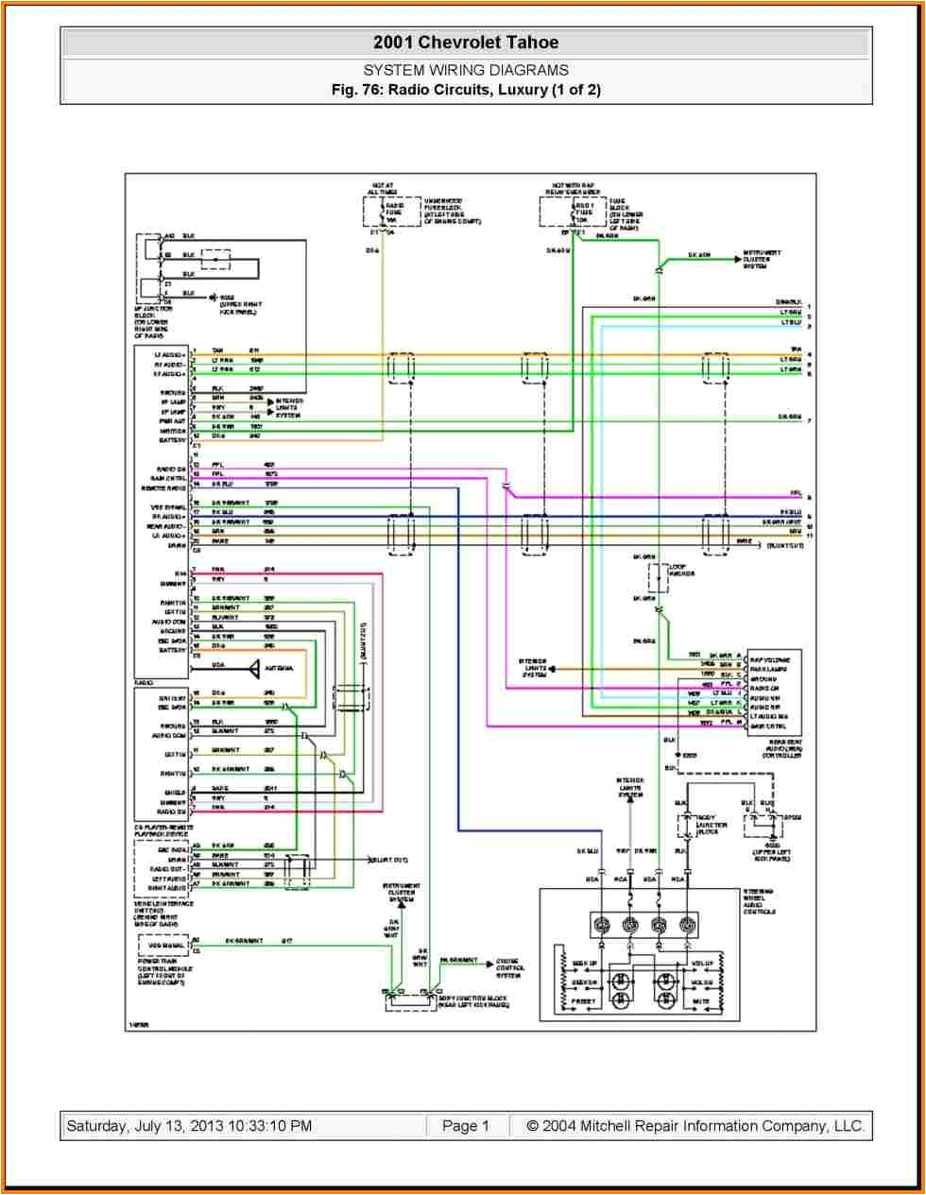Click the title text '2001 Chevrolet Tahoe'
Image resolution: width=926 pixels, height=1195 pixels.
point(466,43)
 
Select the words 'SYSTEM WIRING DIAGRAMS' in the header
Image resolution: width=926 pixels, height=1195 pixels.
point(466,70)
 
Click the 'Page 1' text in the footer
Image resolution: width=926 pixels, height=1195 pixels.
point(466,1126)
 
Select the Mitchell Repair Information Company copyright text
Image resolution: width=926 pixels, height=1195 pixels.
point(694,1126)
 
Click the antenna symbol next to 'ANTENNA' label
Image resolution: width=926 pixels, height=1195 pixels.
point(256,668)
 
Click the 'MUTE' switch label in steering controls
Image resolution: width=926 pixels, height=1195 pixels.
point(700,1000)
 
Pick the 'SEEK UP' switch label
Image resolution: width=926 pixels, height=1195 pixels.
point(584,965)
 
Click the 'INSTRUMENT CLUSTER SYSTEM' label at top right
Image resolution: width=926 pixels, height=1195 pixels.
point(761,259)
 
